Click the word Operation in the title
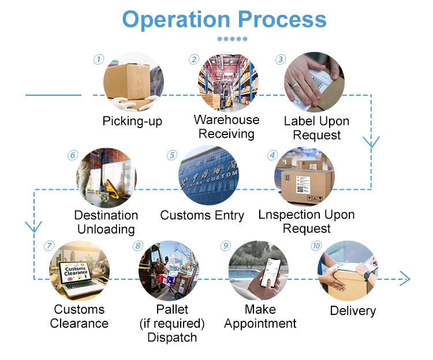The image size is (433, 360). [x=176, y=20]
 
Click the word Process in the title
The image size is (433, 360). [x=282, y=19]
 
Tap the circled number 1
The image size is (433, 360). [x=99, y=59]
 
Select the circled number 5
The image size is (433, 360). [x=172, y=155]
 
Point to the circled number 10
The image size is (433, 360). [x=316, y=246]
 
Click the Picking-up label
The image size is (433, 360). [x=132, y=121]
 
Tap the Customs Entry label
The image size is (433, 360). [x=202, y=215]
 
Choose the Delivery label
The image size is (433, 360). [x=353, y=310]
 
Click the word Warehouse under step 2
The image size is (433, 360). [x=226, y=120]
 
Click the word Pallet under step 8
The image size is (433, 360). [x=172, y=309]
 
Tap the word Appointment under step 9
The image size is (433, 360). [x=260, y=324]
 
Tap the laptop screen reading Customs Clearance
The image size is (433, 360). [x=75, y=272]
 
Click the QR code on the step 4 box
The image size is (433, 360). [x=300, y=189]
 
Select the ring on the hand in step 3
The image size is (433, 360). [x=296, y=85]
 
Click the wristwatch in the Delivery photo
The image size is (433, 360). [x=367, y=276]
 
